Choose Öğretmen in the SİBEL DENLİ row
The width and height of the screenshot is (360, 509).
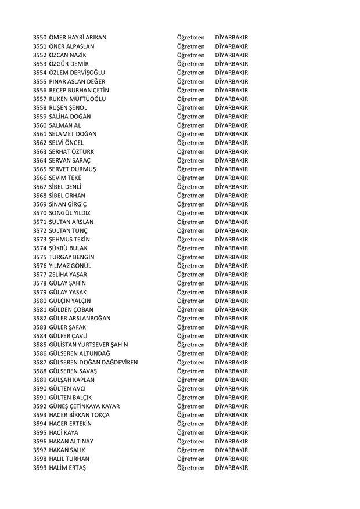[x=190, y=187]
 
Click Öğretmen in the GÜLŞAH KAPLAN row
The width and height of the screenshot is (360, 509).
[x=190, y=380]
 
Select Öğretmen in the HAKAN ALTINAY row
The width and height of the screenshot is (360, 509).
[x=190, y=441]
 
